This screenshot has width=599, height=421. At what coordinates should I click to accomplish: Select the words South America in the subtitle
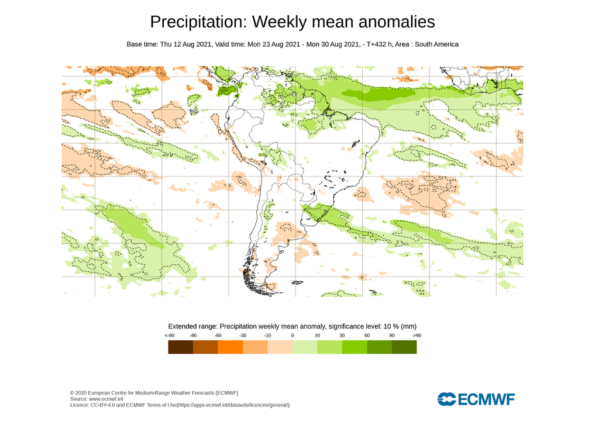pos(436,44)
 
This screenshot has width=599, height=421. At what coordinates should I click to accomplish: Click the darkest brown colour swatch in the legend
pos(180,347)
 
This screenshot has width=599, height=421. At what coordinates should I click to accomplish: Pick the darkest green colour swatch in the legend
pos(404,347)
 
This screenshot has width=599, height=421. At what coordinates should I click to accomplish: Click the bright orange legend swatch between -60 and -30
pos(230,347)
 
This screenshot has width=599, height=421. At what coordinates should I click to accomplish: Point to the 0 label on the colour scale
pos(292,336)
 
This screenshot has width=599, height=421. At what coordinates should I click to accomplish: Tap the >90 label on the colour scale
pos(416,336)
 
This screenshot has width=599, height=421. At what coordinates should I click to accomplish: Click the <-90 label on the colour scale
pos(170,336)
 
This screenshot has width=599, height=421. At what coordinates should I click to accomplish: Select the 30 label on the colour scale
pos(342,336)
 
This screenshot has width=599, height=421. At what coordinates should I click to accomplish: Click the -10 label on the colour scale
pos(267,336)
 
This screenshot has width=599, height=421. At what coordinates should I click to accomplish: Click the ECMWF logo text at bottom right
pos(486,399)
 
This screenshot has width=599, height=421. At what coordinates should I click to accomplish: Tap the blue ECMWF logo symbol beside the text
pos(446,399)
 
